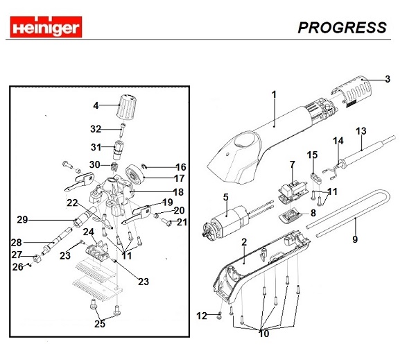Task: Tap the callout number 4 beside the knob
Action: pos(96,105)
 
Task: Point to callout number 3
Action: pos(388,78)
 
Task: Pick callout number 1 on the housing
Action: pos(274,94)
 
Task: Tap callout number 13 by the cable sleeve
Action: pos(361,130)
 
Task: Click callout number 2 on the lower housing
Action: pos(243,242)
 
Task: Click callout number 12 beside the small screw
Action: pos(202,316)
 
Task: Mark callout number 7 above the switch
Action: pos(292,164)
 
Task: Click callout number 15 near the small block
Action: pos(313,155)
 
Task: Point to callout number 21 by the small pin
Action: pos(182,222)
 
